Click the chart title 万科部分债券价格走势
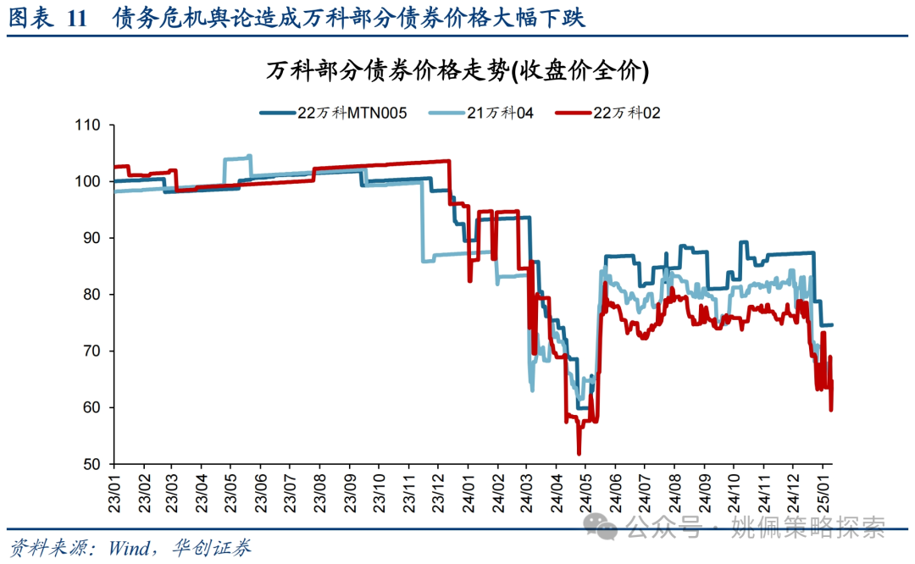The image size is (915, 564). tap(457, 72)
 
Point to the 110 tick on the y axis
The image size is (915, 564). tap(87, 125)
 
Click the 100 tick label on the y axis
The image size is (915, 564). tap(87, 181)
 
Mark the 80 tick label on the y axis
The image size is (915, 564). tap(91, 295)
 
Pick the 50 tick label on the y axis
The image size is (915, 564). tap(91, 464)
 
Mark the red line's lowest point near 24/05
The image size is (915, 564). tap(579, 454)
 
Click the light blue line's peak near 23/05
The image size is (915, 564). tap(249, 156)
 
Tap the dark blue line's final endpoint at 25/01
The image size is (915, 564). tap(832, 325)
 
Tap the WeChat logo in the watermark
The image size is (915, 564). tap(605, 529)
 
